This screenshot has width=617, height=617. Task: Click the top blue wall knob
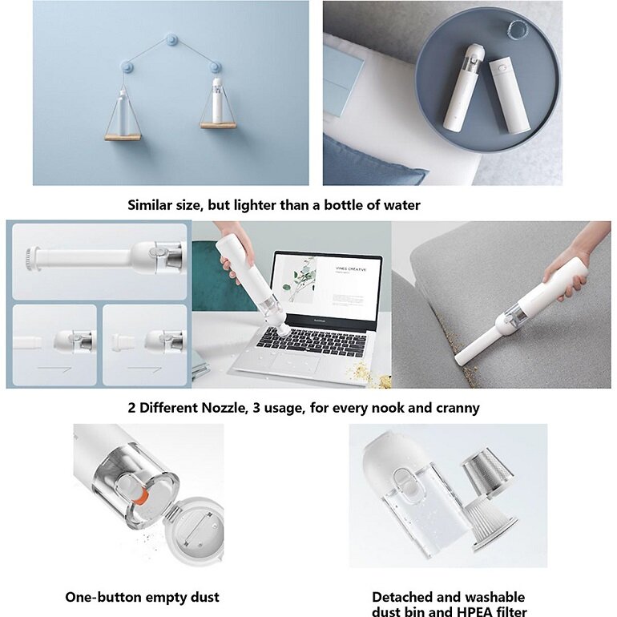point(171,39)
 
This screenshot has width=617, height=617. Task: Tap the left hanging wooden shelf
point(123,137)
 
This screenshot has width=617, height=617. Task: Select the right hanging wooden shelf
point(218,126)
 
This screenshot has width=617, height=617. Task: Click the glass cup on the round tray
point(518,30)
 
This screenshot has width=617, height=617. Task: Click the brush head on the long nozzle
point(31,259)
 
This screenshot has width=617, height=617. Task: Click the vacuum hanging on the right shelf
point(217,101)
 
